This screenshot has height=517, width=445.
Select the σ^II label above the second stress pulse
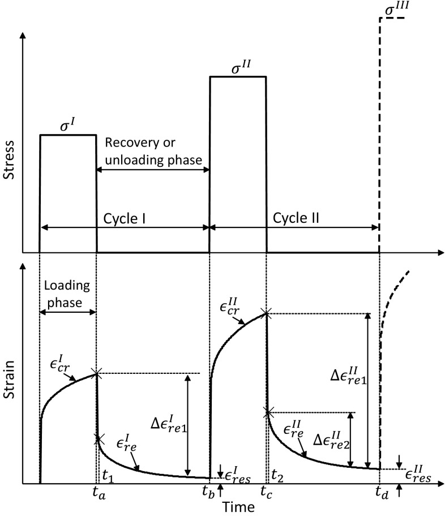click(x=238, y=67)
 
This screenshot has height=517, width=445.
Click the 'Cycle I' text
click(x=124, y=217)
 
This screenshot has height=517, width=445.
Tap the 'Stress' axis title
click(x=9, y=164)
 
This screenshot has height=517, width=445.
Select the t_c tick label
click(x=266, y=494)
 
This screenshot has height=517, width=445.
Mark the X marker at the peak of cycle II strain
click(x=266, y=313)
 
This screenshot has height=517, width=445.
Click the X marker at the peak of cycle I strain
click(x=97, y=373)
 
